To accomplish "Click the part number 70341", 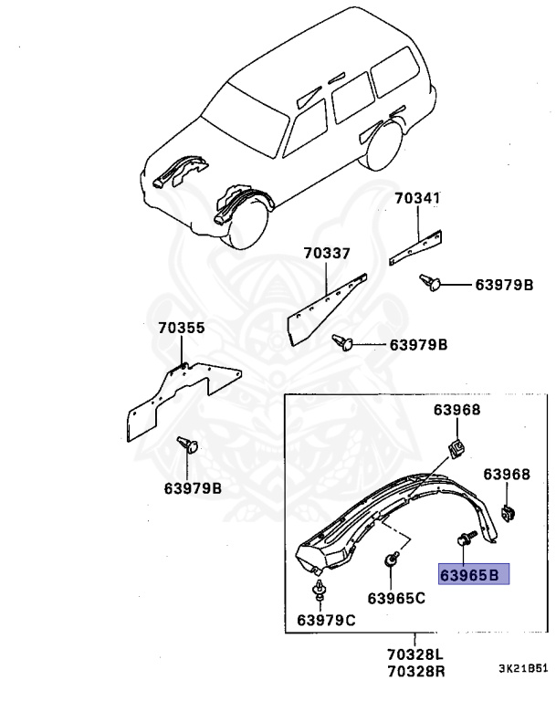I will click(417, 196).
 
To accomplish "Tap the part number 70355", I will click(180, 328).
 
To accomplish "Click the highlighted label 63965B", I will click(469, 575).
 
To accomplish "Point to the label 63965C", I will click(396, 598).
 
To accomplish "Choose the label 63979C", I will click(326, 621).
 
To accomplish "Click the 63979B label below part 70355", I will click(191, 488).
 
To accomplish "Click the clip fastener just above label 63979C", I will click(319, 591).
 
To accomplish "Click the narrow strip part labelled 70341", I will click(416, 246).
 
